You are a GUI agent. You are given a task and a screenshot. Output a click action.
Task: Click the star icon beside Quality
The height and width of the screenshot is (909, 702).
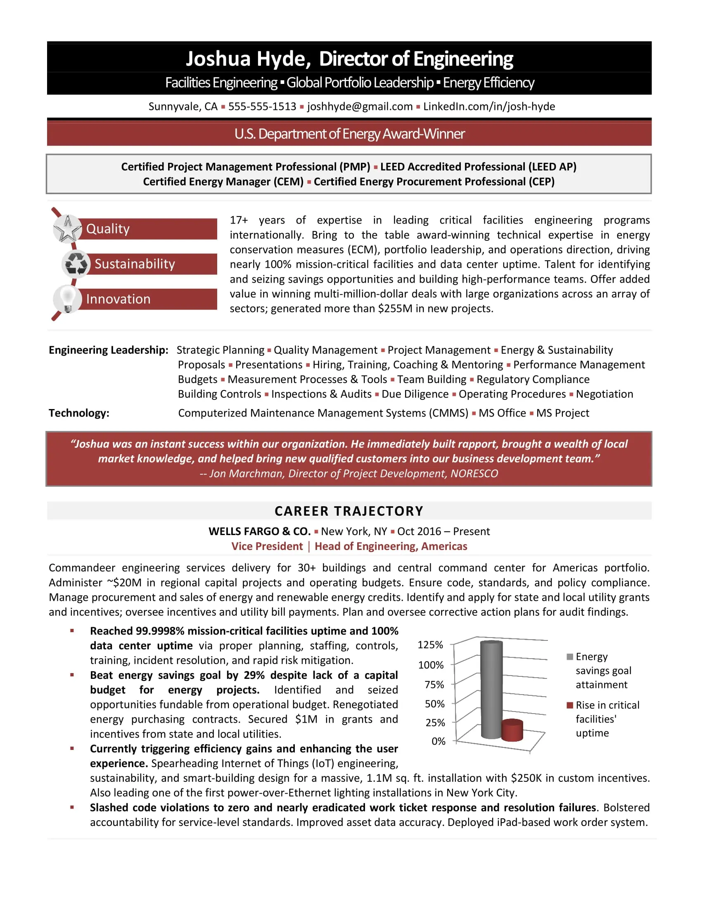[67, 228]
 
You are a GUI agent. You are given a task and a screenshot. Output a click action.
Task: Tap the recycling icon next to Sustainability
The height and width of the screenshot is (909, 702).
[76, 264]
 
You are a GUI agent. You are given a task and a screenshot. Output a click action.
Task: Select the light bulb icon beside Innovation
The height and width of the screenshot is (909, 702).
[67, 299]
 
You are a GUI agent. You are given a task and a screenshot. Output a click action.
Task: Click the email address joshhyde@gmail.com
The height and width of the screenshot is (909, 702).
[360, 107]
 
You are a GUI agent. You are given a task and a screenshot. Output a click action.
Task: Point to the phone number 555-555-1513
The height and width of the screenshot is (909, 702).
[262, 107]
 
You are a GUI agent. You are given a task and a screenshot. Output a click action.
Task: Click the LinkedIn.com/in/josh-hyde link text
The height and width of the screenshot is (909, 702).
[489, 107]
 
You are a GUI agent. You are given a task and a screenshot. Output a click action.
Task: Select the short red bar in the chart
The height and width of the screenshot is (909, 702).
[512, 731]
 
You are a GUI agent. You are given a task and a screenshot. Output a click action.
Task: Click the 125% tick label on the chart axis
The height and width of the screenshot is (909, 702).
[430, 645]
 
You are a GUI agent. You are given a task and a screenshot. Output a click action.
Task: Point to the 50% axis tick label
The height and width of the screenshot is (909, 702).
[434, 704]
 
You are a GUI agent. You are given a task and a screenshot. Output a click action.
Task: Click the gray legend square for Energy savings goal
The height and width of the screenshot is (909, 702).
[570, 657]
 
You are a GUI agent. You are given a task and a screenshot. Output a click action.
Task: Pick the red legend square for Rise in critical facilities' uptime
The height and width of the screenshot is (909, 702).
[570, 705]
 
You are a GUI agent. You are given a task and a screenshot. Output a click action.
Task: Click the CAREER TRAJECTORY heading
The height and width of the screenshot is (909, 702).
[349, 511]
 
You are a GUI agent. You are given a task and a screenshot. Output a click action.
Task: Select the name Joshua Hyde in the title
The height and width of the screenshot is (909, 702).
[248, 59]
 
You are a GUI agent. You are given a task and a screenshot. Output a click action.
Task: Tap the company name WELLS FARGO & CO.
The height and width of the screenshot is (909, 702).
[259, 531]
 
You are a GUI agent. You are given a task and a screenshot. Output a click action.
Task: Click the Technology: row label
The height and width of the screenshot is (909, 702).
[79, 413]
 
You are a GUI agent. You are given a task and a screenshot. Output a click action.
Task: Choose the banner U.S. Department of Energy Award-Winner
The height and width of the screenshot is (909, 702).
[349, 134]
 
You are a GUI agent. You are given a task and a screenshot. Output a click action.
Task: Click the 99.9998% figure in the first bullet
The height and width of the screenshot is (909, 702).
[160, 631]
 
